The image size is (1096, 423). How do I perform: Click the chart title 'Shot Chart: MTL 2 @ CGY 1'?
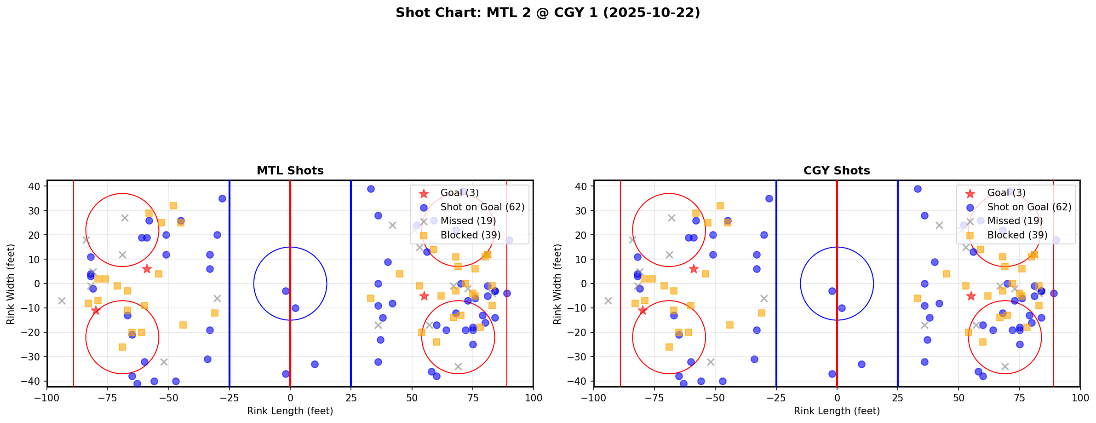pos(548,12)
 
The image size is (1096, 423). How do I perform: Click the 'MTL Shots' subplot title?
pos(290,171)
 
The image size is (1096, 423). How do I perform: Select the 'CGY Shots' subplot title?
pos(837,171)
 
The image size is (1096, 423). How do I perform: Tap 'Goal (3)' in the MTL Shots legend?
pos(459,193)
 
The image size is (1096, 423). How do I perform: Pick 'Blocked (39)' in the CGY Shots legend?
pos(1017,235)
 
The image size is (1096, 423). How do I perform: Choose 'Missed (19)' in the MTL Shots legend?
pos(468,221)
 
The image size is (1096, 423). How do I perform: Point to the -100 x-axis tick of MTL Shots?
pos(47,398)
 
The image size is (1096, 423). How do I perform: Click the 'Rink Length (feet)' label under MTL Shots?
pos(290,411)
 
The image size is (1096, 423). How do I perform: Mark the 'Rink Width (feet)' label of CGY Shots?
pos(557,284)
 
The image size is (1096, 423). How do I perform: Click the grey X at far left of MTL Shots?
pos(62,301)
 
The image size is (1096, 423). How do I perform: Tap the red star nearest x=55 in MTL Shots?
pos(424,296)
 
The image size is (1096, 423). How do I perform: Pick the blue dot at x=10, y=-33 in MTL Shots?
pos(315,364)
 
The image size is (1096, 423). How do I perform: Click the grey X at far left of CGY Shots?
pos(608,301)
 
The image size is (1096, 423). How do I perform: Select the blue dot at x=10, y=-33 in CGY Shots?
pos(861,364)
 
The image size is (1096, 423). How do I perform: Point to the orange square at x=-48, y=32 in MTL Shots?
pos(173,206)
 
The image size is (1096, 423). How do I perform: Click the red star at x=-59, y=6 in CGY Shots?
pos(694,269)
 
